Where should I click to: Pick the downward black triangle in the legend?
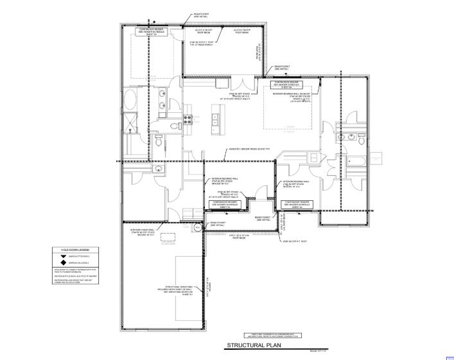click(x=63, y=256)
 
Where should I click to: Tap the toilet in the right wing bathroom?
click(x=361, y=139)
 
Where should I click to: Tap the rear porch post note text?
click(x=201, y=44)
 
